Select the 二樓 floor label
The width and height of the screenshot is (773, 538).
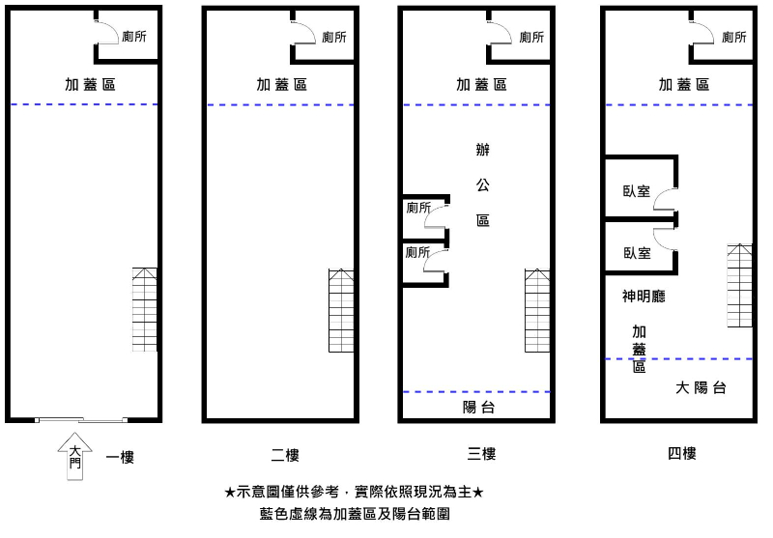(x=285, y=454)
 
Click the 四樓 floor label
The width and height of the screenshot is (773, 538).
(x=681, y=453)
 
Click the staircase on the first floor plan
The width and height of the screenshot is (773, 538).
(x=144, y=309)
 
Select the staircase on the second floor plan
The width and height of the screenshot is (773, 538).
(x=341, y=310)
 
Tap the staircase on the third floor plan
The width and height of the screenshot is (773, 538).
(x=537, y=310)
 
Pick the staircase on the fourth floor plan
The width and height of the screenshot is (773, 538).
(x=739, y=285)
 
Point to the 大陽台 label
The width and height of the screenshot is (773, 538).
(x=701, y=388)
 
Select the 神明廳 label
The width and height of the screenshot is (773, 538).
(x=644, y=297)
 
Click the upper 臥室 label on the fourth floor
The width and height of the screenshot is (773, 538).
(x=637, y=191)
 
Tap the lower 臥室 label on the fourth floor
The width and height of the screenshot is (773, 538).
(x=637, y=253)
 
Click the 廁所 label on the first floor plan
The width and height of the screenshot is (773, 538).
(x=134, y=37)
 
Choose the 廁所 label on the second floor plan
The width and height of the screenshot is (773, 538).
(x=334, y=37)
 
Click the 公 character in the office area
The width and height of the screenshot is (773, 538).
(x=482, y=184)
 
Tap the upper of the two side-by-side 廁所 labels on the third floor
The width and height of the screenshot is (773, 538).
(x=418, y=208)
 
